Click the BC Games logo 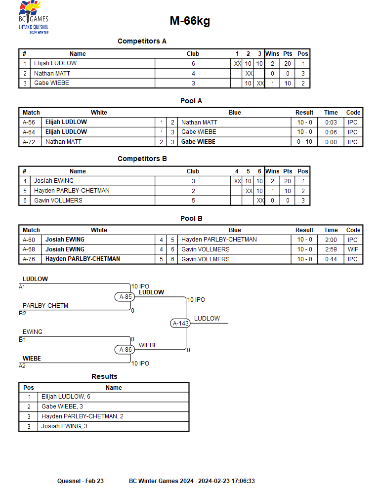[34, 17]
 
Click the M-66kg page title [190, 21]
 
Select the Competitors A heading [142, 41]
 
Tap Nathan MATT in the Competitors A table [52, 74]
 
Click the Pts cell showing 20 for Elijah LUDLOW [287, 64]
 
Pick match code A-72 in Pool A [29, 142]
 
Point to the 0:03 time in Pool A [331, 122]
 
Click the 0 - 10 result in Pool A [304, 142]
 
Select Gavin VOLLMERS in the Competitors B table [58, 201]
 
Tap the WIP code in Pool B [353, 249]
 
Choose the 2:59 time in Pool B [331, 249]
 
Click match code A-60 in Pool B [29, 240]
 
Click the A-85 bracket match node [125, 297]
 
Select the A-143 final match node [180, 324]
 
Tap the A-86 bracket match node [125, 350]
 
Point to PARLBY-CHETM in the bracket [45, 306]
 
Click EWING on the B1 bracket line [33, 332]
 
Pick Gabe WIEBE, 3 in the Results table [62, 407]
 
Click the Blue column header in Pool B [235, 230]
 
